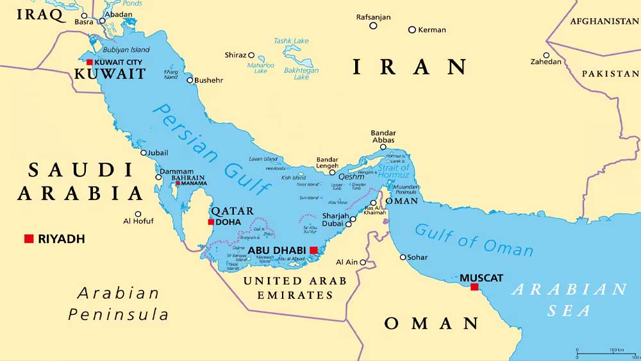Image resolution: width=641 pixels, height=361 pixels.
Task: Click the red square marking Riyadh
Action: coord(29,239)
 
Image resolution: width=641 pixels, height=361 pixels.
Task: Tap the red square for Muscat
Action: coord(474,287)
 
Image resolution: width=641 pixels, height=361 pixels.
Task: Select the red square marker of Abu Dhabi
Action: coord(313,250)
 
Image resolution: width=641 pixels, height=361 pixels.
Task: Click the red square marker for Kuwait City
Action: coord(90,62)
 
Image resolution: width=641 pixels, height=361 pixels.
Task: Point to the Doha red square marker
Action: coord(211,222)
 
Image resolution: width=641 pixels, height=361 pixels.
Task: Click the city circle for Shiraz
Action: coord(251,55)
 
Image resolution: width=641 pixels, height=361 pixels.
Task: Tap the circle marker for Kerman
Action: coord(412,29)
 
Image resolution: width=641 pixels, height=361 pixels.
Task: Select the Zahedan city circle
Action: coord(546,55)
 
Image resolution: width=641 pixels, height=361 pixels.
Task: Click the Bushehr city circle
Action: coord(190,80)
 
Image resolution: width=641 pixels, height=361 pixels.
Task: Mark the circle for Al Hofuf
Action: coord(138,214)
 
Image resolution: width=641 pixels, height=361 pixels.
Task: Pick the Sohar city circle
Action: coord(403,257)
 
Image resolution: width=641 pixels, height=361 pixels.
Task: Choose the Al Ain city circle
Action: coord(363,262)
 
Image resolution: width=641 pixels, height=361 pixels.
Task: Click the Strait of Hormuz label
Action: coord(393,172)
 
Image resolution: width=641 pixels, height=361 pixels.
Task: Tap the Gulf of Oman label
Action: coord(474,240)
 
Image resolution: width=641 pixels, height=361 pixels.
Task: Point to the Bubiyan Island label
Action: coord(126,50)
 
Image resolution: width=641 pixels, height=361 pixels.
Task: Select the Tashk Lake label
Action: coord(292,40)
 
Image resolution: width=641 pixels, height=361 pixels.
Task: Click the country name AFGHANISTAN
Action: coord(604,21)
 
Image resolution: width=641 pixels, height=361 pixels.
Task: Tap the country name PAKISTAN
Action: coord(610,74)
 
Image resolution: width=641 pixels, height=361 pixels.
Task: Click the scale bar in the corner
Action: coord(606,353)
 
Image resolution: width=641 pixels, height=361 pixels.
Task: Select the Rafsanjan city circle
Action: coord(373,26)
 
